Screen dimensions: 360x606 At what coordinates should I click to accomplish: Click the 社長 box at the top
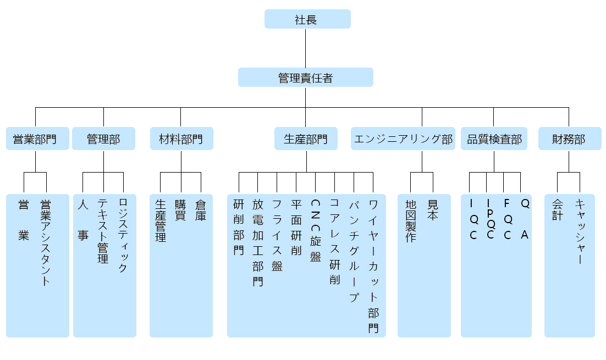[307, 19]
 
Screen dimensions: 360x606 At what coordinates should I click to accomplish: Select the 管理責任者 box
[305, 77]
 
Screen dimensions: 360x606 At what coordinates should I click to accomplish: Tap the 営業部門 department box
[35, 139]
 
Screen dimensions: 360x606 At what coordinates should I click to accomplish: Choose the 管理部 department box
[103, 139]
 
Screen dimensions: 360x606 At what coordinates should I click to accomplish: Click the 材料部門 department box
[181, 139]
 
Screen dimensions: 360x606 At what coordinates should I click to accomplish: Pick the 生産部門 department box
[306, 139]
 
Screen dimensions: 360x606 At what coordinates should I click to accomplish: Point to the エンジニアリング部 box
[404, 139]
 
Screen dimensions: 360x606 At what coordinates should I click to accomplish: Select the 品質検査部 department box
[494, 139]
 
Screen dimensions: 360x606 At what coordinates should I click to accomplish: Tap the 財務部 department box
[569, 139]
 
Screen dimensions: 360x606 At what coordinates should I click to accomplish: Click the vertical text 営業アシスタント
[46, 242]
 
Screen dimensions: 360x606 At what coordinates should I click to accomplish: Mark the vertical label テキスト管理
[103, 231]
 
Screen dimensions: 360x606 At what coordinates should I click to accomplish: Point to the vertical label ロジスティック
[123, 235]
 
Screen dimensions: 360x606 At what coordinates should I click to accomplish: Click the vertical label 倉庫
[201, 210]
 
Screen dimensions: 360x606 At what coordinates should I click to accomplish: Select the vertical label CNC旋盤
[315, 230]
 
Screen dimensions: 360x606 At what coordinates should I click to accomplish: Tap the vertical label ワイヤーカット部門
[373, 266]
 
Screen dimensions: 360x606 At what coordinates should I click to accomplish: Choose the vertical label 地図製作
[410, 220]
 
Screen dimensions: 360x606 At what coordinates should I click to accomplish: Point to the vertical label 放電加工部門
[257, 242]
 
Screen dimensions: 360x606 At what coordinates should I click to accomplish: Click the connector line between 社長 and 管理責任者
[305, 48]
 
